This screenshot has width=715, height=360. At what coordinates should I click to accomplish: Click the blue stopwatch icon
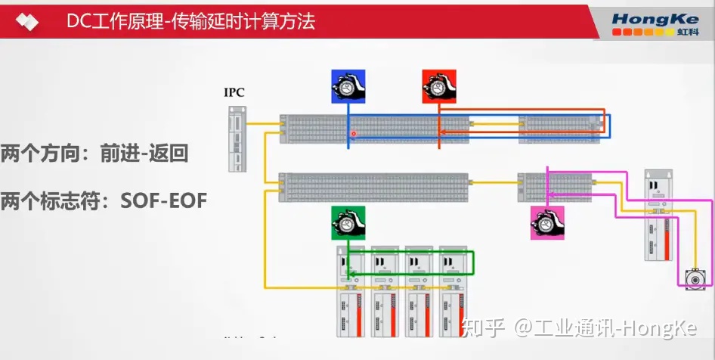pyautogui.click(x=348, y=86)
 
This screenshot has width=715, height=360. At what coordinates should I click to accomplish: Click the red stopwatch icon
pyautogui.click(x=439, y=86)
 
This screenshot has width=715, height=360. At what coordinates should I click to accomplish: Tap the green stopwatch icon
pyautogui.click(x=348, y=222)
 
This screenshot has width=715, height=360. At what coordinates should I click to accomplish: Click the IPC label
pyautogui.click(x=234, y=93)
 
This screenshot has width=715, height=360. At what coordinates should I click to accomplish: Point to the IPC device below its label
pyautogui.click(x=237, y=138)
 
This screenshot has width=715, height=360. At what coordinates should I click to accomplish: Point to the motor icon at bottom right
pyautogui.click(x=692, y=279)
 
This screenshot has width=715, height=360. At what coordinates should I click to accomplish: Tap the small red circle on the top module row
pyautogui.click(x=353, y=134)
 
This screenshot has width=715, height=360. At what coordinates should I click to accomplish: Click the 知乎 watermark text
pyautogui.click(x=484, y=328)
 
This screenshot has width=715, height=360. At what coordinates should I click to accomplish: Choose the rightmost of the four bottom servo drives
pyautogui.click(x=456, y=291)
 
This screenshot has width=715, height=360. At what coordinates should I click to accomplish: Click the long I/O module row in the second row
pyautogui.click(x=373, y=187)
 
